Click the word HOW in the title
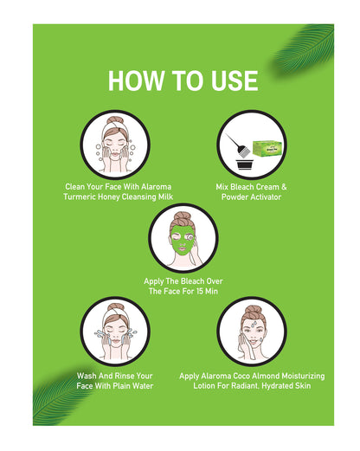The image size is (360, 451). point(136,81)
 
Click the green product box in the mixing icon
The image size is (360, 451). point(267,147)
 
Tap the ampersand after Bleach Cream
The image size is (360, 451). point(284,187)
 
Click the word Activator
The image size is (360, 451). point(266,197)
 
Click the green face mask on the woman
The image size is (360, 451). point(182,240)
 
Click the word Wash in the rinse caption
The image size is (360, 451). point(87,376)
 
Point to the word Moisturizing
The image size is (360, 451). point(303,376)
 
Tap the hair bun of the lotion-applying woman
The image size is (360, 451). point(253,311)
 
